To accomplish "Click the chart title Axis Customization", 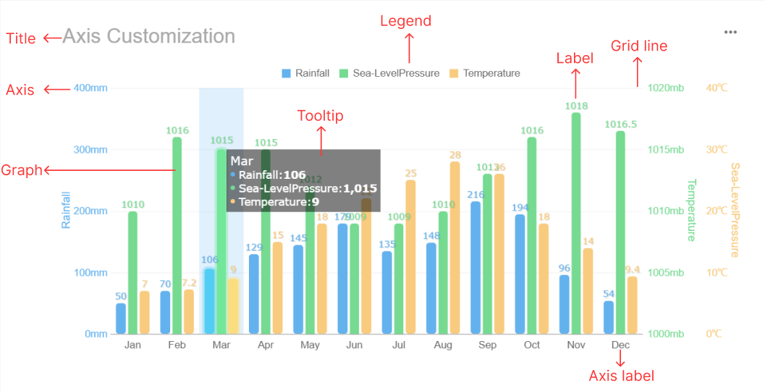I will click(148, 36).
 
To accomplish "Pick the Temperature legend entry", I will click(484, 73).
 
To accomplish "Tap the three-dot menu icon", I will click(730, 33).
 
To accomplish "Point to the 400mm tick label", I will click(90, 88).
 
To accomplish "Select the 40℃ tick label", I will click(717, 88).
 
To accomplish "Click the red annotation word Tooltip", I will click(321, 116).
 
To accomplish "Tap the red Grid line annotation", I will click(639, 46).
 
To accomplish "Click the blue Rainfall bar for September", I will click(476, 268).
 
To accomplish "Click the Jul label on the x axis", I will click(399, 345).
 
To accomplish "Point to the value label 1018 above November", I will click(576, 106).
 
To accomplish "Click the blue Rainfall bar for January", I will click(121, 319).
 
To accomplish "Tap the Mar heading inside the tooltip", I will click(242, 161).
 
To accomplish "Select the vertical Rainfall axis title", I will click(66, 210).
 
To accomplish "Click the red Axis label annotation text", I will click(621, 376).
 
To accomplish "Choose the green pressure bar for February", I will click(177, 235).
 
